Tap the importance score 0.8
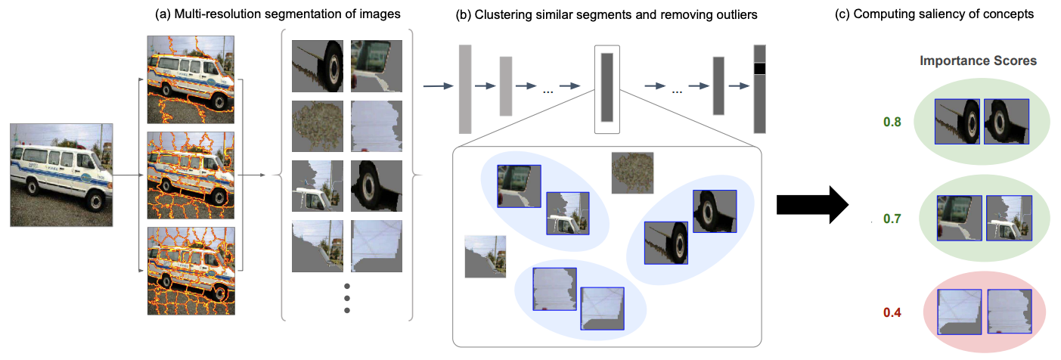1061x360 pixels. [x=892, y=121]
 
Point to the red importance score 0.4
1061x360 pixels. [x=892, y=312]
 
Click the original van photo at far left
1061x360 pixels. [x=61, y=175]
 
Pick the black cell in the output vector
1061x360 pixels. [x=759, y=69]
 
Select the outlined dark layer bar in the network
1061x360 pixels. [x=607, y=88]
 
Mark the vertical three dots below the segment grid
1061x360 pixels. [x=347, y=298]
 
